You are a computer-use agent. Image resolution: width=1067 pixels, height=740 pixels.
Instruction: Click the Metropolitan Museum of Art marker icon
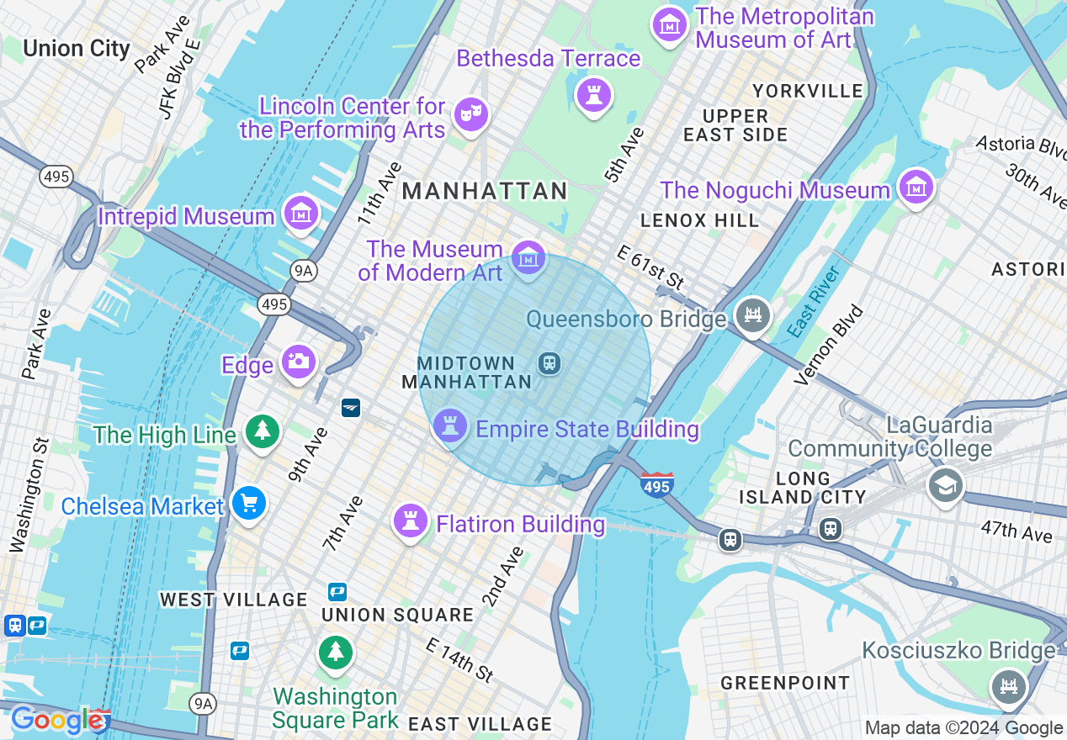tap(670, 25)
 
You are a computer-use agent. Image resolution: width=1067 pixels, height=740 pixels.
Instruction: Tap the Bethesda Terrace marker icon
tap(594, 94)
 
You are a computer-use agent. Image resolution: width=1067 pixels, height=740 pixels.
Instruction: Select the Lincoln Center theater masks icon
tap(470, 114)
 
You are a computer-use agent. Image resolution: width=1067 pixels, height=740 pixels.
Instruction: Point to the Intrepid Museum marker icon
tap(301, 214)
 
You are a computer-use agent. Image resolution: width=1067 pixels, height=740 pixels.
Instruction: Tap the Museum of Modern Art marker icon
tap(528, 258)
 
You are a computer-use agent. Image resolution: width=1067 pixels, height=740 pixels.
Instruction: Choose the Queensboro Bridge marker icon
tap(752, 316)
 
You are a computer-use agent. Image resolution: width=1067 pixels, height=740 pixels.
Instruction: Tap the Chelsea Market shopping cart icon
tap(248, 504)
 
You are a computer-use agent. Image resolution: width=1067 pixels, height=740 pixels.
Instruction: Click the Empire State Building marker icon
tap(450, 426)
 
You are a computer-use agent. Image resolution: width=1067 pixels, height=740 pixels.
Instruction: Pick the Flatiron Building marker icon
tap(411, 521)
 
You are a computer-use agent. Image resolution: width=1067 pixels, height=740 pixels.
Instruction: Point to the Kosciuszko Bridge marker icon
tap(1007, 685)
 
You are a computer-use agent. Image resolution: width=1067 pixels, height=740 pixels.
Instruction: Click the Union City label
tap(77, 48)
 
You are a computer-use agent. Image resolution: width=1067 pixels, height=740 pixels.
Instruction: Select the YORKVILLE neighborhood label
tap(808, 91)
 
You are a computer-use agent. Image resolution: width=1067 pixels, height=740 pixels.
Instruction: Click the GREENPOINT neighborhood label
tap(785, 683)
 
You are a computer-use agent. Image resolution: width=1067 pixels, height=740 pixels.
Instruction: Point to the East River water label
tap(815, 302)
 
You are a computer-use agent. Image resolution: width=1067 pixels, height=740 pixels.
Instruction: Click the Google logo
tap(57, 721)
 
